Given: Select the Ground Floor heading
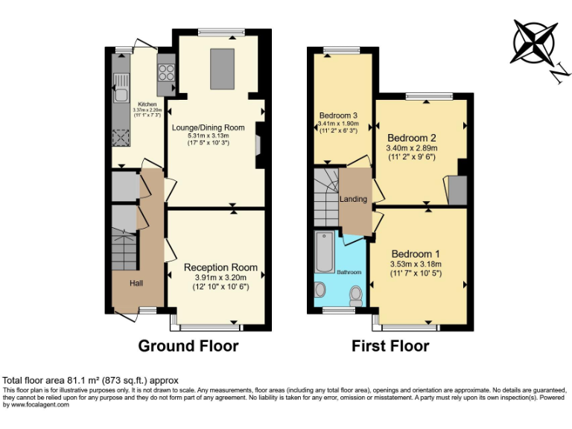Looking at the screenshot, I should pyautogui.click(x=188, y=346).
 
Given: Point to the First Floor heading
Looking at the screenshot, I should pyautogui.click(x=390, y=346).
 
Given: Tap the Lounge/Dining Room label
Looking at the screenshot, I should pyautogui.click(x=209, y=128).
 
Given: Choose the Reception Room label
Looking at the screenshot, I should pyautogui.click(x=220, y=267).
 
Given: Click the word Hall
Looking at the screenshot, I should pyautogui.click(x=137, y=284).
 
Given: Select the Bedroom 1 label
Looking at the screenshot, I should pyautogui.click(x=416, y=253).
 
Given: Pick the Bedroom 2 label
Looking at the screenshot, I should pyautogui.click(x=411, y=138).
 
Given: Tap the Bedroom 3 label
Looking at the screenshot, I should pyautogui.click(x=339, y=115).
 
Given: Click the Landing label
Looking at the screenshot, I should pyautogui.click(x=354, y=200).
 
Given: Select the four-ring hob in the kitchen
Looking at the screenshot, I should pyautogui.click(x=165, y=74).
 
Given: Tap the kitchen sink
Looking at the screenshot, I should pyautogui.click(x=120, y=94).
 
